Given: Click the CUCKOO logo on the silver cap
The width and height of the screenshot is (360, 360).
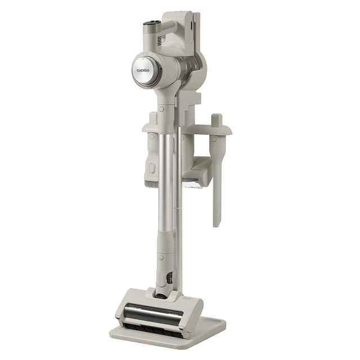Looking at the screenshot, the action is coord(143,70).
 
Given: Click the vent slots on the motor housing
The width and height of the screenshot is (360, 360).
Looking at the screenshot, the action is coord(159,40).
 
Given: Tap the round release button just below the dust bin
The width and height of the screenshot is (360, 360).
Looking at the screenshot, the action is coord(161,109).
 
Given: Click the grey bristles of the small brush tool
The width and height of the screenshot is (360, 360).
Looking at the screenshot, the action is coord(151,183).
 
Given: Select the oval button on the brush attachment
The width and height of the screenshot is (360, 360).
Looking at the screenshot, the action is coord(151,168).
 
